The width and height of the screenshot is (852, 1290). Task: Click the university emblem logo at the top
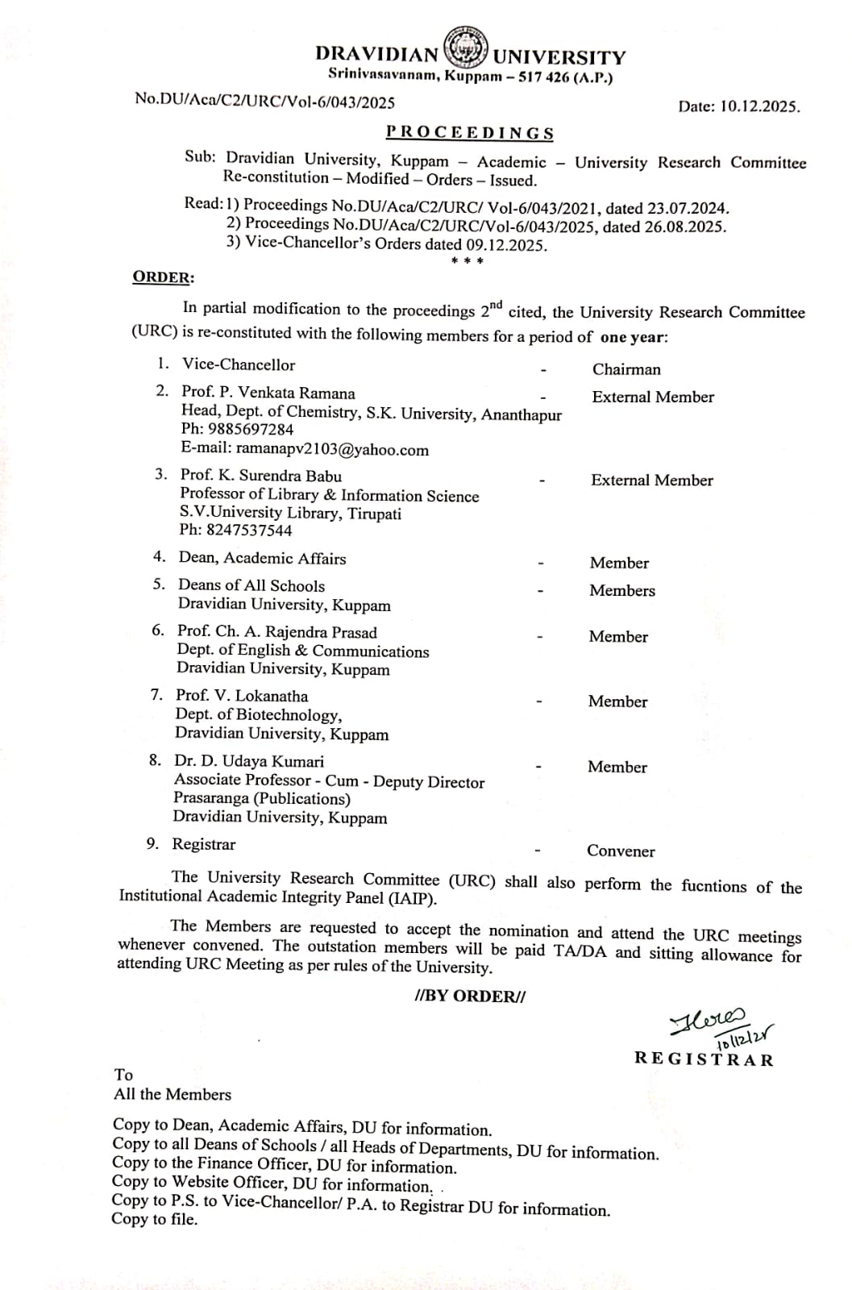click(466, 48)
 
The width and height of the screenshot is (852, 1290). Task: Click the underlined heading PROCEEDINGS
click(470, 133)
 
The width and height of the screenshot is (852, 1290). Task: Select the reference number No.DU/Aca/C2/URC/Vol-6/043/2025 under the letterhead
click(264, 101)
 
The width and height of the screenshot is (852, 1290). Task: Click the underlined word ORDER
click(162, 277)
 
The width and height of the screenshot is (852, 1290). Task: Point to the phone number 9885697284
click(251, 430)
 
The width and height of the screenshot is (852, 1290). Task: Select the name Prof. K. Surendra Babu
click(260, 476)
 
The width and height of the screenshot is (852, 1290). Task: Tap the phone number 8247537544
click(249, 531)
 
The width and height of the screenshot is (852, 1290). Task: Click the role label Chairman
click(626, 369)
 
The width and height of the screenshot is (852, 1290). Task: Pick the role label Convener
click(621, 851)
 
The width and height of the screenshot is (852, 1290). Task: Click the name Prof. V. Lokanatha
click(242, 696)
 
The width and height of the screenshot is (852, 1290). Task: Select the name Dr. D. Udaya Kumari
click(249, 761)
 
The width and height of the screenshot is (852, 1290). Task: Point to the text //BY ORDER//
click(470, 996)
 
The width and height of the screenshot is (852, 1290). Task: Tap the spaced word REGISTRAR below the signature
click(704, 1059)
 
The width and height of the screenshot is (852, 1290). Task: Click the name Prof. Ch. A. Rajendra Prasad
click(277, 632)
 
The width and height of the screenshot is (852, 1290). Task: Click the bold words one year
click(634, 337)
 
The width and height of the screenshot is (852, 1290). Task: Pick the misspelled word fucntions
click(714, 886)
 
